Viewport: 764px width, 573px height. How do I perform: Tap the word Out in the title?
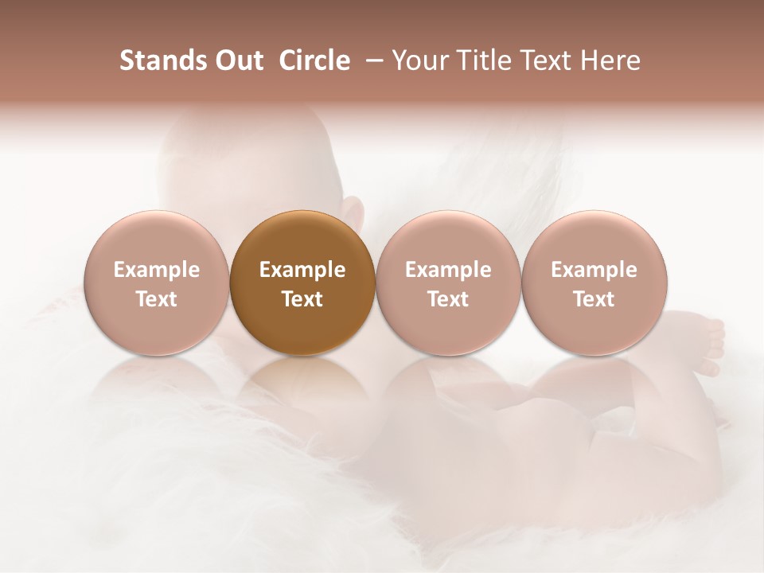236,60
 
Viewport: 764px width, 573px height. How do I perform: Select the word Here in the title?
611,60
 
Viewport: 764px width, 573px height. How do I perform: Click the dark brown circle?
302,283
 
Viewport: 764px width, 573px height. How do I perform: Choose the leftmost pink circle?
156,283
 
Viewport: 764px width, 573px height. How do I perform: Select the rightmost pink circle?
594,283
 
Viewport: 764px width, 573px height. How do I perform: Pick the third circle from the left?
448,283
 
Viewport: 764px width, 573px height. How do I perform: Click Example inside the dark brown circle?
302,270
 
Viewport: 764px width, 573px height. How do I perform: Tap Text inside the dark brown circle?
302,299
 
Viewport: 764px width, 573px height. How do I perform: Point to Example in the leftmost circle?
156,270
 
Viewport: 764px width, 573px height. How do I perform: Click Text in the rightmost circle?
594,299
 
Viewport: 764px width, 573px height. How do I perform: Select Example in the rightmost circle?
594,270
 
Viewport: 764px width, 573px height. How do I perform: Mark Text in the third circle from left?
448,299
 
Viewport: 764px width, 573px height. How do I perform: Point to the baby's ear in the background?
351,209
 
